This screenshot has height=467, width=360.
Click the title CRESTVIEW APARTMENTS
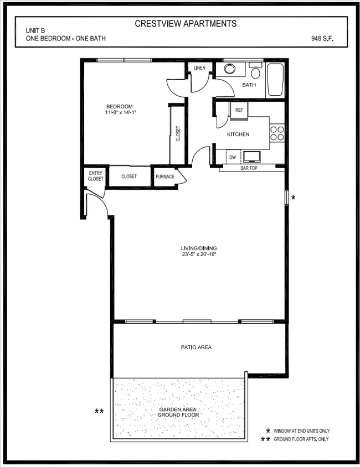[186, 24]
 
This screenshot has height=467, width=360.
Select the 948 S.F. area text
[322, 39]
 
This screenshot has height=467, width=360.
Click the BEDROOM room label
[120, 106]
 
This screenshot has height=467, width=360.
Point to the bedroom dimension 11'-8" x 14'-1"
[120, 113]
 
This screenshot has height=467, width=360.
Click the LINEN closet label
[199, 68]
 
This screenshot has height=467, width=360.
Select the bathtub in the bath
[275, 80]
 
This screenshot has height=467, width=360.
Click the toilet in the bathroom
[255, 72]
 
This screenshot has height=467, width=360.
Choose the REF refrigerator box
[239, 110]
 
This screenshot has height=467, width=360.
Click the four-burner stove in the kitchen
[276, 133]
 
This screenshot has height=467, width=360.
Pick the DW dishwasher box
[233, 158]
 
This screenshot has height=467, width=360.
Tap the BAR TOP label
[249, 168]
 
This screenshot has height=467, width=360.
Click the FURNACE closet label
[165, 177]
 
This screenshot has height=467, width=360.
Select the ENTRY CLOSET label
[95, 176]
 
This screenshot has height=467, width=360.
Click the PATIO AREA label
[196, 347]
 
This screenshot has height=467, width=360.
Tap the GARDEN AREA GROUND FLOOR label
[178, 412]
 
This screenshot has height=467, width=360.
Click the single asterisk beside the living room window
[293, 198]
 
